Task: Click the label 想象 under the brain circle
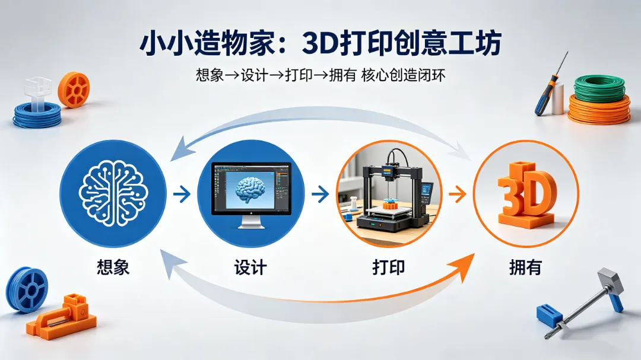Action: (x=113, y=267)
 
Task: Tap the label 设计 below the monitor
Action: (x=250, y=267)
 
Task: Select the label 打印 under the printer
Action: (x=388, y=267)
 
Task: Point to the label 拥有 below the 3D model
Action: (x=525, y=267)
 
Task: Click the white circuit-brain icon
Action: (x=113, y=193)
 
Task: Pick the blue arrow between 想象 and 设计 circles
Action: (x=182, y=193)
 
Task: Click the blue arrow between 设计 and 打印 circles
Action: (x=319, y=193)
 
